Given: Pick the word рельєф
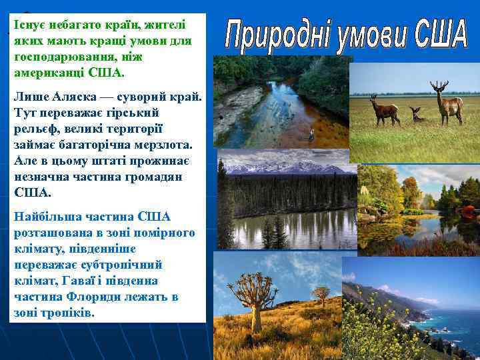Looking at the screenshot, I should [35, 128].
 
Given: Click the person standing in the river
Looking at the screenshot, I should [311, 134].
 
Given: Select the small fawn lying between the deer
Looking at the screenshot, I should [417, 115].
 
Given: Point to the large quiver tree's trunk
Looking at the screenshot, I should [256, 307].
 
